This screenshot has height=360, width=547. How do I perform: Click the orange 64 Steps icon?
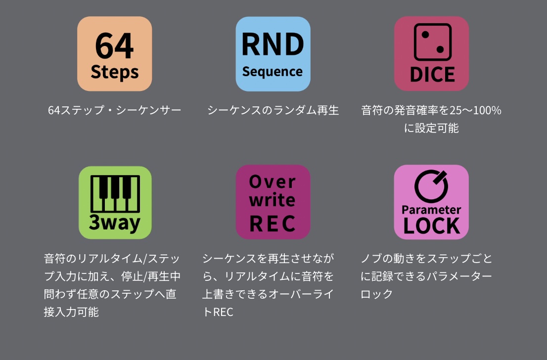(114, 54)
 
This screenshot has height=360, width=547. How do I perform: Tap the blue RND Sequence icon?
(273, 54)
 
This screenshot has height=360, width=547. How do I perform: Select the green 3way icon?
(115, 202)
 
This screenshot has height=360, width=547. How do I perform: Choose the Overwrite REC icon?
(273, 202)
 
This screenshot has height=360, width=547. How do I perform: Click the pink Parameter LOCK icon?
(431, 202)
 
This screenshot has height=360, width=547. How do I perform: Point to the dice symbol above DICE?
(433, 42)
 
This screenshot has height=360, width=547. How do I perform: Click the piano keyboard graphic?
(115, 194)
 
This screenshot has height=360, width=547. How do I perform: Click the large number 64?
(114, 45)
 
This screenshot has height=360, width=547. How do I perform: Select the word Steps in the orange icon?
(114, 72)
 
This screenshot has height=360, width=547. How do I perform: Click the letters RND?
(273, 45)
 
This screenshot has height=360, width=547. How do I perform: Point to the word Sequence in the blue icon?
(273, 72)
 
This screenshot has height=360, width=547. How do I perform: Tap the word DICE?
(433, 74)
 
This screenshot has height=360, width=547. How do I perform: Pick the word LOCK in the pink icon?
(432, 225)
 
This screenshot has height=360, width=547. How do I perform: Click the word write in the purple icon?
(272, 200)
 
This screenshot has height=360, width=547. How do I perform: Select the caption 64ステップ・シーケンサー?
(114, 110)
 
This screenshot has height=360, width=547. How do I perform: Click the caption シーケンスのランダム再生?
(273, 110)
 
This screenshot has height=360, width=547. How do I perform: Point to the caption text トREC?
(218, 312)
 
